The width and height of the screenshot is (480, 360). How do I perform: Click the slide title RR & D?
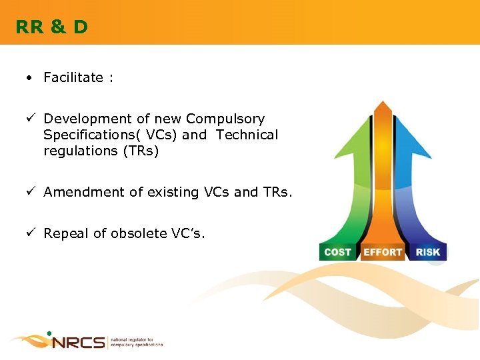[52, 27]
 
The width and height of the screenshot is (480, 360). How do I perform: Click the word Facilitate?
[73, 77]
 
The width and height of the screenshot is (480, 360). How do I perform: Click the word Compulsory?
[225, 119]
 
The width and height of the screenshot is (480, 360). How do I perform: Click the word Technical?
[247, 135]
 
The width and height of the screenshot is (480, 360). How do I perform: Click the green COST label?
[338, 252]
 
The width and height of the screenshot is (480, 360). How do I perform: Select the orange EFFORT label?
[383, 252]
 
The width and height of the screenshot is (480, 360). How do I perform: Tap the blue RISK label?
[427, 252]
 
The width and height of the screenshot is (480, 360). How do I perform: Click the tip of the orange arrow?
[383, 103]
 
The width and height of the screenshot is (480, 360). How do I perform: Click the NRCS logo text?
[78, 343]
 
